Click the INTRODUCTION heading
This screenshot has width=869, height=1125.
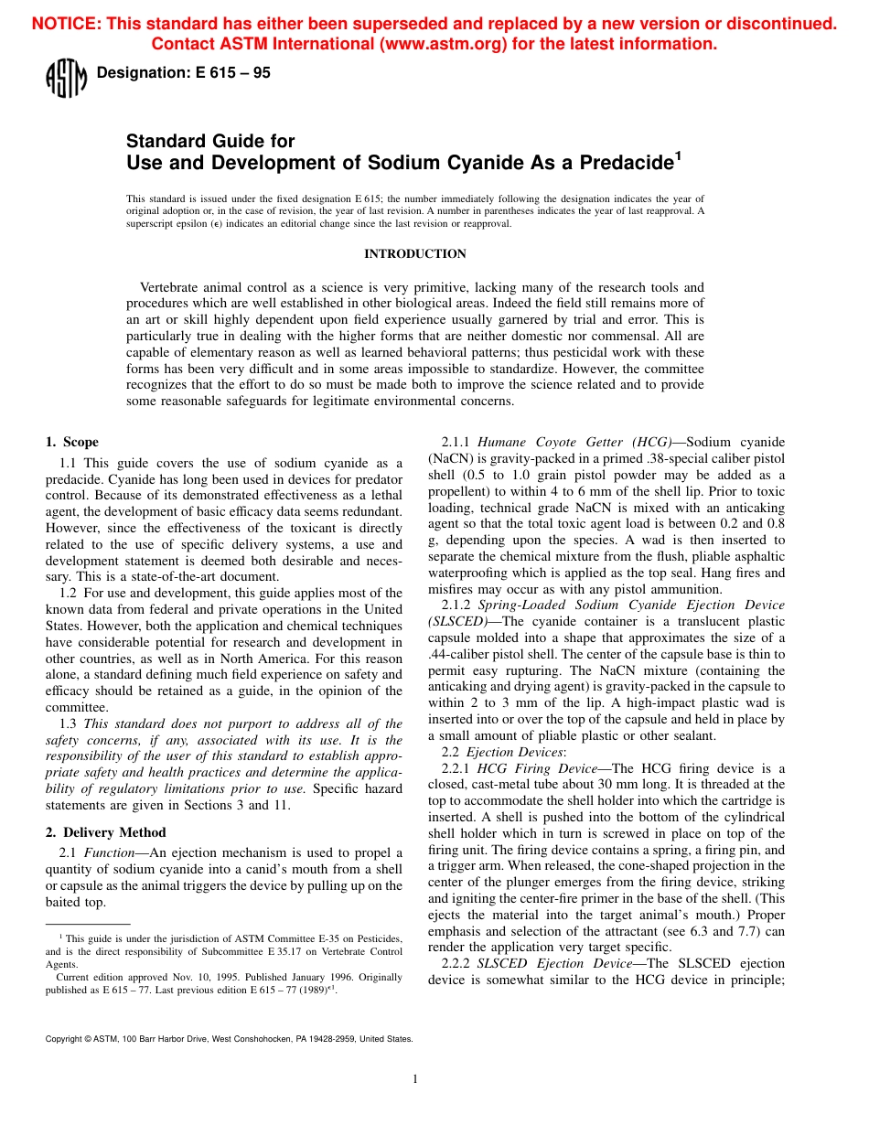(x=415, y=254)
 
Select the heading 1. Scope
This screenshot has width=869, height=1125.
(x=72, y=442)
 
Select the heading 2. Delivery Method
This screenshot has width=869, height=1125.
(x=106, y=832)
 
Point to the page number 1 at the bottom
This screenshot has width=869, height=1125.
(x=415, y=1079)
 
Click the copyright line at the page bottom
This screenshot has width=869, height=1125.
(x=229, y=1039)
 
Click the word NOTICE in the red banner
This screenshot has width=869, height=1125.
(x=66, y=25)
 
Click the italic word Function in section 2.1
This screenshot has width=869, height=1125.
(x=110, y=852)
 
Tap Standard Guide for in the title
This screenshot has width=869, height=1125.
(x=210, y=142)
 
